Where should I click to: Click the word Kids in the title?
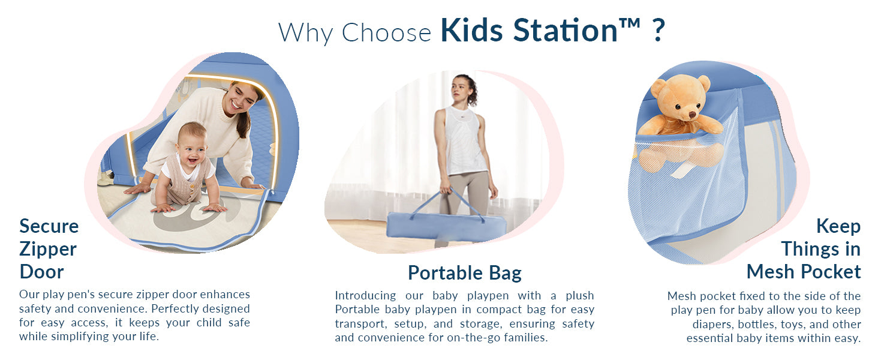pos(471,30)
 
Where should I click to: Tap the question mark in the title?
pos(659,30)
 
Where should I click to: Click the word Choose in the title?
pos(386,32)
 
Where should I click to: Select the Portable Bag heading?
pos(464,273)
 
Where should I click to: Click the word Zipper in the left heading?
pos(48,250)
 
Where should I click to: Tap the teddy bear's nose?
pos(692,115)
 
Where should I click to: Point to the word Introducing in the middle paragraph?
pos(365,296)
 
